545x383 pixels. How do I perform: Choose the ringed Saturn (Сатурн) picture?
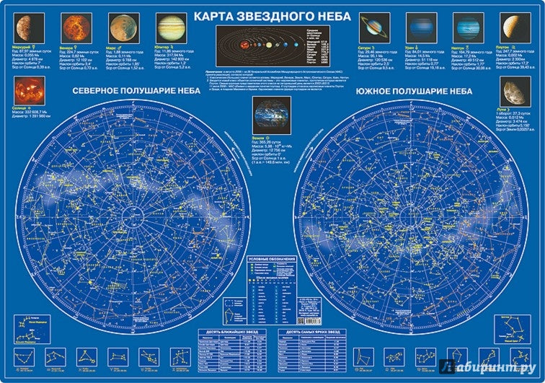[x=373, y=27]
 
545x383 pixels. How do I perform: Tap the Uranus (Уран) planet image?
[x=420, y=27]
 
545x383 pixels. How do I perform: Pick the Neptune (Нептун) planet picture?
[x=466, y=27]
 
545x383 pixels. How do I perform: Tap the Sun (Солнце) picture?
[x=30, y=92]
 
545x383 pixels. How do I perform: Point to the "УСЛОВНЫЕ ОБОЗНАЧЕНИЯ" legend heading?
[x=272, y=258]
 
